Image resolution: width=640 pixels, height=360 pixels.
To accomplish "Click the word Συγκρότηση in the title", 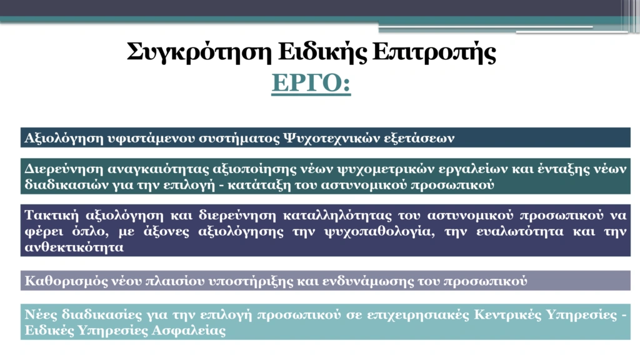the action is (x=199, y=52).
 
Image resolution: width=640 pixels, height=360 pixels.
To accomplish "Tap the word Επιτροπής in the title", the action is (x=434, y=52).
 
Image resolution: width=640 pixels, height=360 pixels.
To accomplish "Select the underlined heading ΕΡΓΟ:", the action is (x=311, y=83).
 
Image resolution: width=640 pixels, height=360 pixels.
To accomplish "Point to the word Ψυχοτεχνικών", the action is (x=331, y=138).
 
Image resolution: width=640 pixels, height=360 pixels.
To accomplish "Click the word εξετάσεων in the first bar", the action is (x=419, y=138).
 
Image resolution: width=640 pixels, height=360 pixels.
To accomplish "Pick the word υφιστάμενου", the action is (x=151, y=138).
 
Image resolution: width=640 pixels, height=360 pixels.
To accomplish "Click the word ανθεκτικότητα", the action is (x=74, y=247).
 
